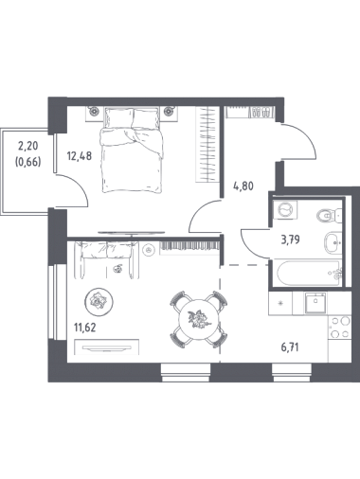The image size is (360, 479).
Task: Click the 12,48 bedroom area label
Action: tap(80, 155)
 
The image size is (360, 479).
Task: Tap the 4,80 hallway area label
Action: tap(243, 186)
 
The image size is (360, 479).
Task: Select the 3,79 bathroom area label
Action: tap(290, 239)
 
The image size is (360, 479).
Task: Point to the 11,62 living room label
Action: tap(84, 328)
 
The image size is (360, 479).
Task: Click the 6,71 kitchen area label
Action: tap(290, 347)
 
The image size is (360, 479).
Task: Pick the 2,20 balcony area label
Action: tap(27, 146)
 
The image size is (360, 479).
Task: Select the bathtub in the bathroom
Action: tap(309, 273)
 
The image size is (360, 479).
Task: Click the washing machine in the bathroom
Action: tap(285, 209)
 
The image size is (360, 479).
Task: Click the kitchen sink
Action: tap(315, 303)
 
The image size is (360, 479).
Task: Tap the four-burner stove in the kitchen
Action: tap(340, 328)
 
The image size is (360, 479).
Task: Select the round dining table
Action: tap(199, 319)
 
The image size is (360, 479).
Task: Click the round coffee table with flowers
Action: tap(99, 302)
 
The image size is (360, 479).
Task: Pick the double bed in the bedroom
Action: tap(133, 150)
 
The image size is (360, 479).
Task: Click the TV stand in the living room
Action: tap(107, 346)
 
